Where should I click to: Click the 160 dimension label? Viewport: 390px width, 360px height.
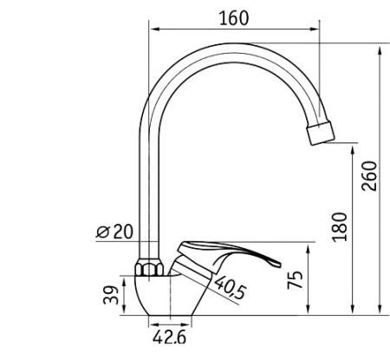tap(234, 18)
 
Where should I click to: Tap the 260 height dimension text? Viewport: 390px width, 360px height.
tap(370, 176)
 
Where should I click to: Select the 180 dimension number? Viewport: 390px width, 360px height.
tap(340, 227)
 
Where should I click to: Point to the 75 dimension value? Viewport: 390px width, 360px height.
tap(296, 280)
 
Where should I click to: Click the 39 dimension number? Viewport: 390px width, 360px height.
tap(111, 295)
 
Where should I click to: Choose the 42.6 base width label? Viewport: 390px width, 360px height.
tap(170, 337)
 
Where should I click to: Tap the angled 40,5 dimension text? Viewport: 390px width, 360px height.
tap(231, 287)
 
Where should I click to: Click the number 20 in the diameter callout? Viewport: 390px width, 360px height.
tap(123, 232)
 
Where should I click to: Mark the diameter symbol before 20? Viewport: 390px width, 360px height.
tap(103, 232)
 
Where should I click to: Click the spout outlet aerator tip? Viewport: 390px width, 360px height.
tap(321, 133)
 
